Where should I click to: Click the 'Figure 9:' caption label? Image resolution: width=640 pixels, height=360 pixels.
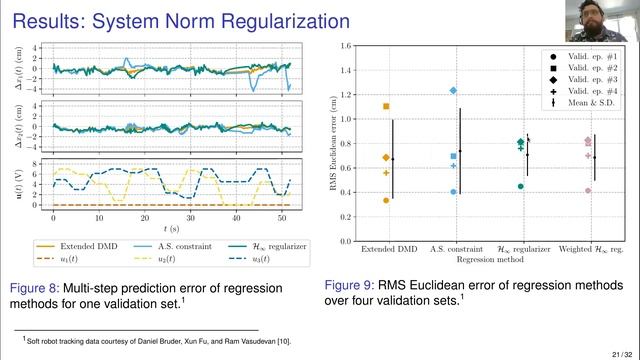(x=357, y=283)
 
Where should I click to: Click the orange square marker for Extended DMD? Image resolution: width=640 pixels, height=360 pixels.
(x=386, y=106)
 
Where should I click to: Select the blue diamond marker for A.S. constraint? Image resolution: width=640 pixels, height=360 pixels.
(x=453, y=90)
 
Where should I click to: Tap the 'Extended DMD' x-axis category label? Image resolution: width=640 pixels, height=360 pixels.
(x=386, y=247)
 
